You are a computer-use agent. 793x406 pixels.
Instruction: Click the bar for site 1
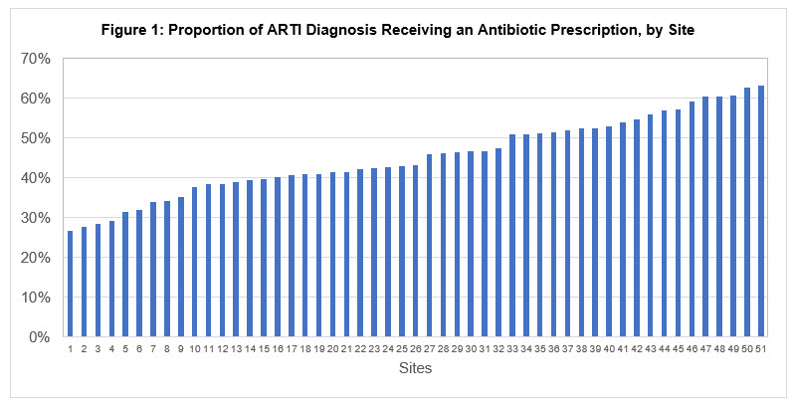[70, 285]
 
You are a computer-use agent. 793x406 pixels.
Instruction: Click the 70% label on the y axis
[36, 59]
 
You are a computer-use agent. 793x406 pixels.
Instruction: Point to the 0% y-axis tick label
[40, 337]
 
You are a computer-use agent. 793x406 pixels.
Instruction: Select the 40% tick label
[36, 178]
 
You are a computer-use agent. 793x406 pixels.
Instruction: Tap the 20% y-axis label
[36, 258]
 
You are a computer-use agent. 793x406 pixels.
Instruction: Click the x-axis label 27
[429, 349]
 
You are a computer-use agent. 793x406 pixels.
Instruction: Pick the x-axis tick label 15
[263, 349]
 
